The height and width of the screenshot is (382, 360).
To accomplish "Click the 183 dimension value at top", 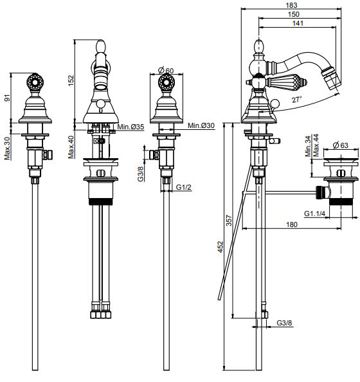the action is click(x=291, y=5).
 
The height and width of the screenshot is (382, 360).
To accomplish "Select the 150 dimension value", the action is click(x=293, y=14).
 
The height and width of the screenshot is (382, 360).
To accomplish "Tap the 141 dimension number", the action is click(x=298, y=23).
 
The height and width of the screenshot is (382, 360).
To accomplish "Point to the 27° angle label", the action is click(x=296, y=100).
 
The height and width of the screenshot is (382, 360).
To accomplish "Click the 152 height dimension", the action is click(x=71, y=80).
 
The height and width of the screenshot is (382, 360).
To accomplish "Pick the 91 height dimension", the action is click(x=7, y=98).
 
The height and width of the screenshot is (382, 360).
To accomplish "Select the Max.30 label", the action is click(x=7, y=148).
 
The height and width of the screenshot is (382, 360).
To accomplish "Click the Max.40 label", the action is click(x=71, y=147).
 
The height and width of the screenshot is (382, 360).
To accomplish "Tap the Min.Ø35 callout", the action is click(x=130, y=127).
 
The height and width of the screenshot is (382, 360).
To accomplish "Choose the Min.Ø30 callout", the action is click(x=201, y=125).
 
